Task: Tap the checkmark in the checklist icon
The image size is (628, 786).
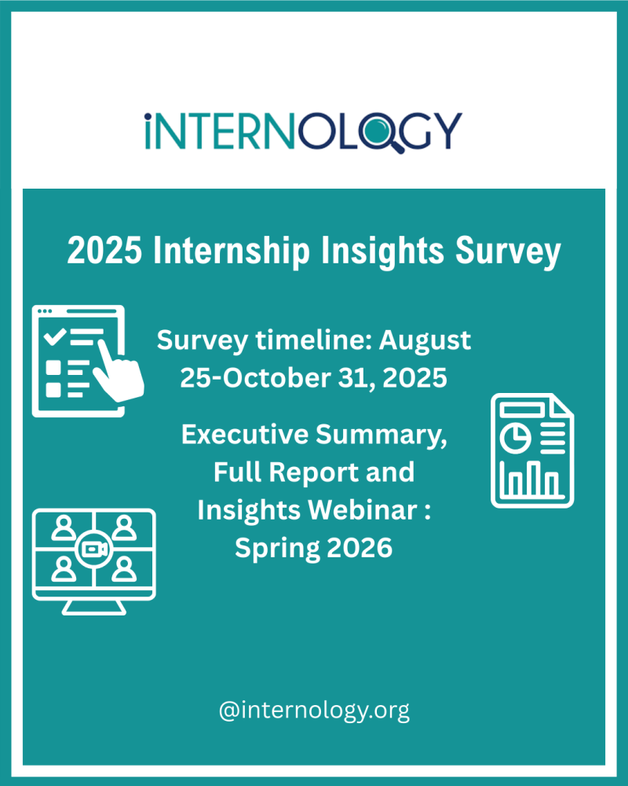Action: click(x=55, y=338)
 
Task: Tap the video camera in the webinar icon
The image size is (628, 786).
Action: click(x=93, y=548)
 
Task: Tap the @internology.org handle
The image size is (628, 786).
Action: click(x=314, y=711)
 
